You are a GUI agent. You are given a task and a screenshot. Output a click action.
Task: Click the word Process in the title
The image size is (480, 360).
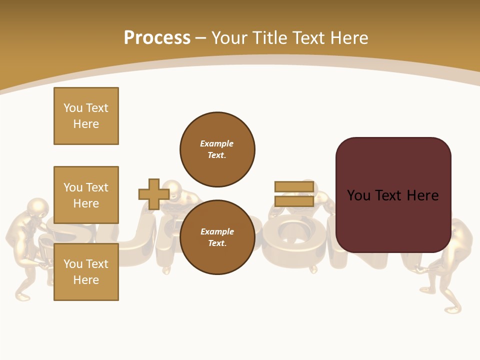point(157,38)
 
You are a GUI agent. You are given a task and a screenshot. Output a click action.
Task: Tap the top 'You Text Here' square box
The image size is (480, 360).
point(86,116)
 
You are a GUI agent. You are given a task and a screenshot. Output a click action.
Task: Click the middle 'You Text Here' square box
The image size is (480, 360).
point(86,195)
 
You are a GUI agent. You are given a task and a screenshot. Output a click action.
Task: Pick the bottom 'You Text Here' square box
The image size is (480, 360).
point(86,271)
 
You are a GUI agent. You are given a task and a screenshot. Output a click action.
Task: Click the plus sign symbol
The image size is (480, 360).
point(153,194)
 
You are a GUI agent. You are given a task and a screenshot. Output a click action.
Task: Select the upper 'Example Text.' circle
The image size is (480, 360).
point(217,149)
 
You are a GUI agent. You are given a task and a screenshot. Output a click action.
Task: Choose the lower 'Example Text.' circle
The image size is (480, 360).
point(217,237)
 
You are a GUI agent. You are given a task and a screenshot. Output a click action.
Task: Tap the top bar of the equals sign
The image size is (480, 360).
point(294,187)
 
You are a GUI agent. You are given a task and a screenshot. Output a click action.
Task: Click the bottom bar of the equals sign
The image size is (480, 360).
point(294,201)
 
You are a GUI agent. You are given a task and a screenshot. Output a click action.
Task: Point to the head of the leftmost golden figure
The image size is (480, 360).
point(38,207)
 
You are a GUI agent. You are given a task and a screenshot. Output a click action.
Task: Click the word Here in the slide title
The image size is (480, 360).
point(349,38)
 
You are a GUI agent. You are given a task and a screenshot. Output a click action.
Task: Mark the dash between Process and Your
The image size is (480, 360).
point(200,38)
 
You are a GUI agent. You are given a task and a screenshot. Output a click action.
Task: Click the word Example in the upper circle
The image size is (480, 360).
point(216,143)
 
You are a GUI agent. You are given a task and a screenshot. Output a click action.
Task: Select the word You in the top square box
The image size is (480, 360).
point(72,108)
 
